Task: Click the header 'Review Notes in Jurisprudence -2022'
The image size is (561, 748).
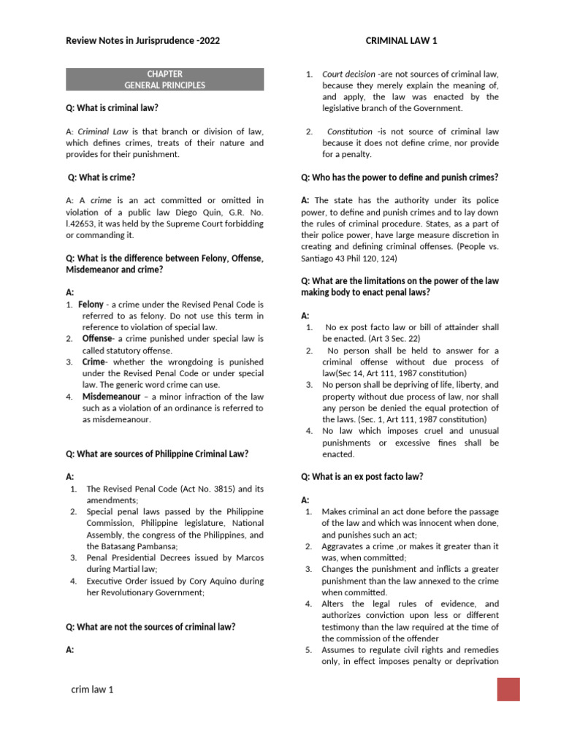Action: pyautogui.click(x=142, y=41)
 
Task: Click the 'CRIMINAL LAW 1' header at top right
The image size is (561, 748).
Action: pyautogui.click(x=401, y=41)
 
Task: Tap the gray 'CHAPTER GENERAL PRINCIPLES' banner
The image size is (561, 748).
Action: pyautogui.click(x=164, y=80)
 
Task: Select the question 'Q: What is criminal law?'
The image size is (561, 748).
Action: pyautogui.click(x=112, y=108)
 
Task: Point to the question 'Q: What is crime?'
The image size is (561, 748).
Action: pyautogui.click(x=102, y=178)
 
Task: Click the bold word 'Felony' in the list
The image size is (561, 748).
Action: pyautogui.click(x=91, y=304)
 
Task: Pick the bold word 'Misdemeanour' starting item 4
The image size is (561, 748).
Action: pyautogui.click(x=111, y=397)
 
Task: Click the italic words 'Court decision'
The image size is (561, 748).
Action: pyautogui.click(x=348, y=74)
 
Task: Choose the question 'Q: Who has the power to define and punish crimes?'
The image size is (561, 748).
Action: pyautogui.click(x=400, y=178)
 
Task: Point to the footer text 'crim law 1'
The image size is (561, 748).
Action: pyautogui.click(x=92, y=690)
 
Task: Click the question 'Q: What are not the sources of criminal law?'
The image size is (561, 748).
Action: pyautogui.click(x=150, y=627)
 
